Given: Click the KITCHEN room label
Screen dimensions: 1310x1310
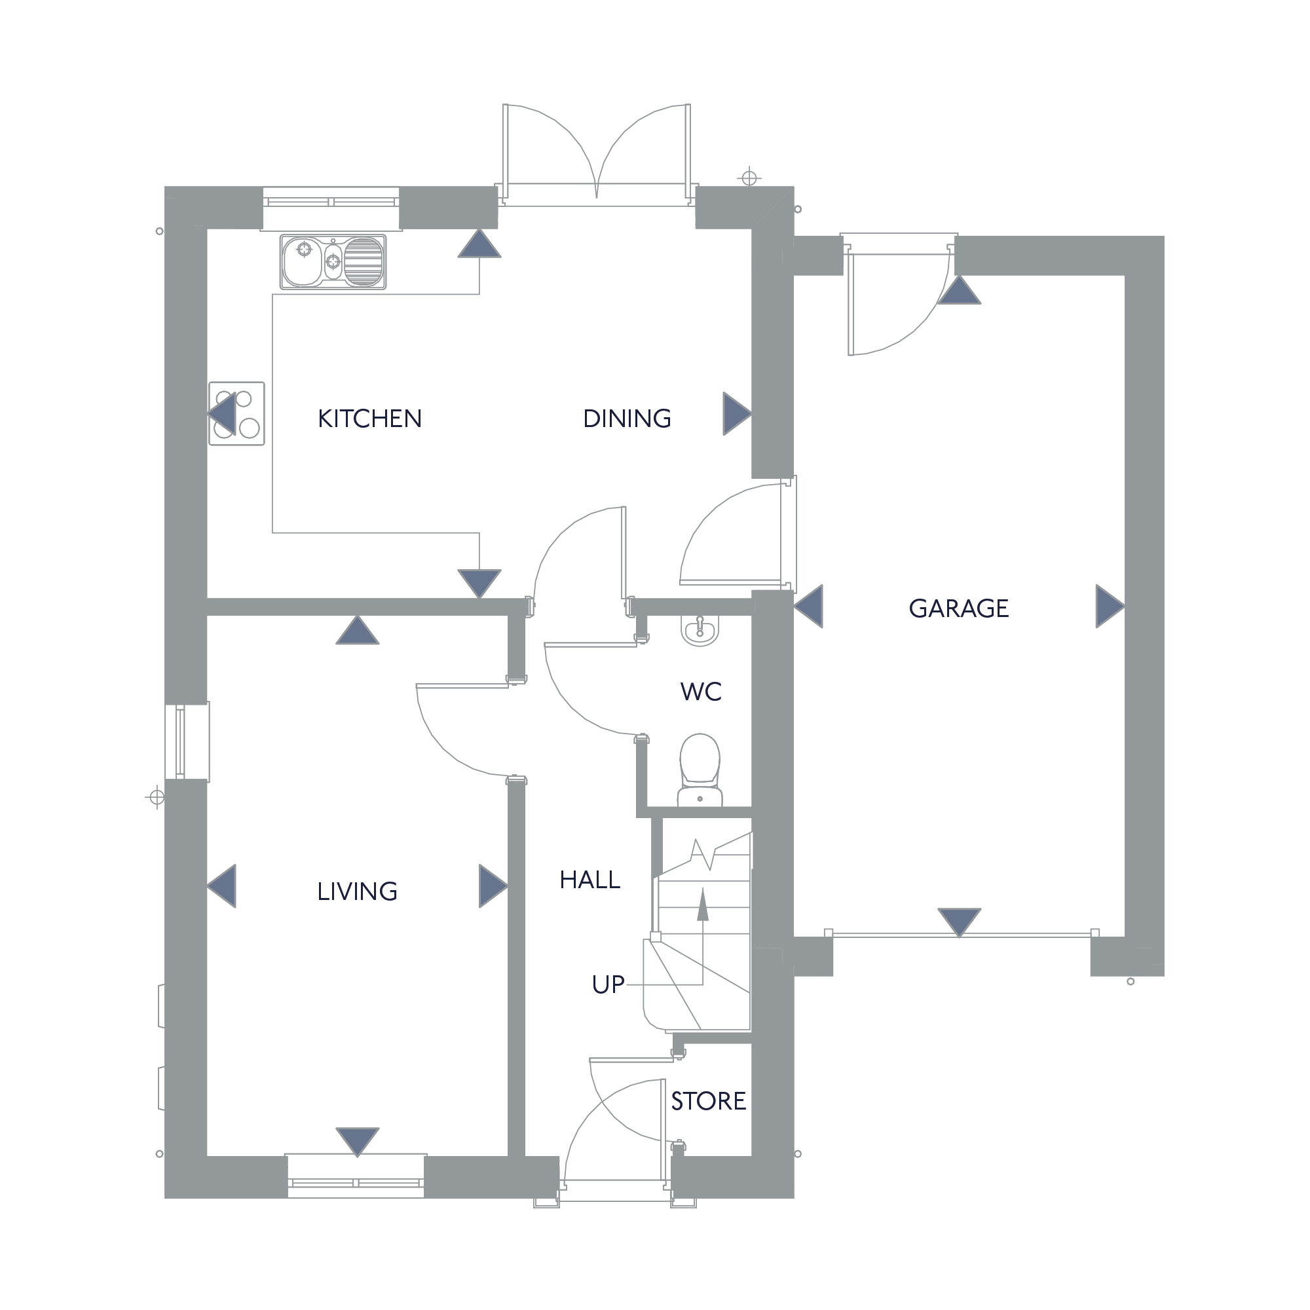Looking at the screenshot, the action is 369,419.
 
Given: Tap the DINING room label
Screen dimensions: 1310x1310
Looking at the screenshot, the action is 627,419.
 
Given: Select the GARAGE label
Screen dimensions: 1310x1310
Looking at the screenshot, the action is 959,608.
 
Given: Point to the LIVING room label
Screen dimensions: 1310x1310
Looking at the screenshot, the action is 358,891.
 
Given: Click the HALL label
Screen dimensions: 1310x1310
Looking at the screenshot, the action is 590,880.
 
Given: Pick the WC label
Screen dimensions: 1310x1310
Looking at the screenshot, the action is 701,692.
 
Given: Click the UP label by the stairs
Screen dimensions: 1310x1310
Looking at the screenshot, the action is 608,984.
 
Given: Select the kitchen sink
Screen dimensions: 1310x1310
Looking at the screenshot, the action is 333,262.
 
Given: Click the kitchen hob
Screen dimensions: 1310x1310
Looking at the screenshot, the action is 236,413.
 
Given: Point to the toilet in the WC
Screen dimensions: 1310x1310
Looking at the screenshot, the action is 700,770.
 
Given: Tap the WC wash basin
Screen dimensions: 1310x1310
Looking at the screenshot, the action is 700,630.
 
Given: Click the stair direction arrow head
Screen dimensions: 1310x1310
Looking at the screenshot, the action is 702,905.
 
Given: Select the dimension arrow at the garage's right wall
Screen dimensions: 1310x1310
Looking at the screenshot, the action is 1110,606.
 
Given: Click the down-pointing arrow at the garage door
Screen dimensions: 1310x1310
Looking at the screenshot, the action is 959,922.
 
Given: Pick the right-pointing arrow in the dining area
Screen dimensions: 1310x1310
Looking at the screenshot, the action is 737,413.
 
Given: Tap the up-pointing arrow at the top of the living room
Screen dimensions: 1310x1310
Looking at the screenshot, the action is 358,630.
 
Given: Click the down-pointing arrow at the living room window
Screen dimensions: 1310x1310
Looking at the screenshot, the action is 358,1142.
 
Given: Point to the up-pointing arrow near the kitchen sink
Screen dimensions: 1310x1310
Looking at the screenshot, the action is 479,244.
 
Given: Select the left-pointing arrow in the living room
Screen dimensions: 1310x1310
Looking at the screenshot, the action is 222,886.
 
